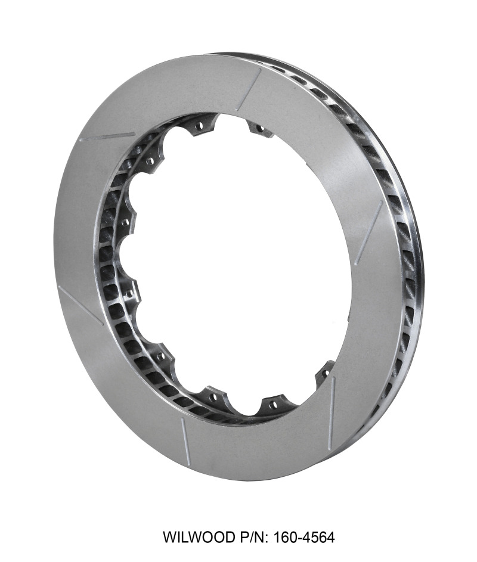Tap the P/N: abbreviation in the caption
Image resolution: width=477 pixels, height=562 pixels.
tap(250, 538)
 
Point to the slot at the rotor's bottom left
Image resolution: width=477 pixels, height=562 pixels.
tap(185, 441)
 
